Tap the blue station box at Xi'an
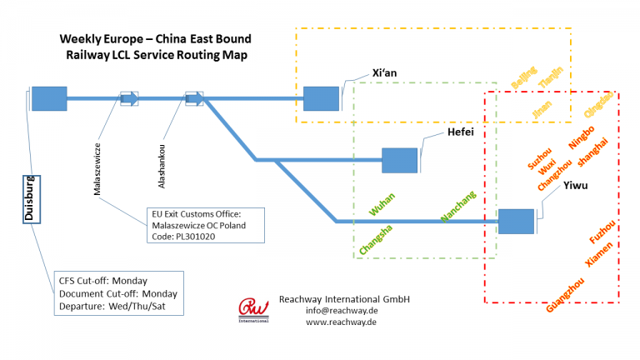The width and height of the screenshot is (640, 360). click(x=321, y=98)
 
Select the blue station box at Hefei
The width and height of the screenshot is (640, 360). click(x=399, y=160)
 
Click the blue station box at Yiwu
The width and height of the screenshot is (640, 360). click(x=515, y=222)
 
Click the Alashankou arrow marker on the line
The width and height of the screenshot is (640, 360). click(x=193, y=98)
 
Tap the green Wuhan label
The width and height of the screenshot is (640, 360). click(x=382, y=204)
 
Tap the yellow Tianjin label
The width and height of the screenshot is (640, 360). click(x=552, y=77)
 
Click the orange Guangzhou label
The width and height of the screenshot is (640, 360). click(x=564, y=293)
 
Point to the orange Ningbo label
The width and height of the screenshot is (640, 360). click(x=581, y=135)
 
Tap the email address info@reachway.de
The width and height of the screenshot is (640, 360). click(x=332, y=311)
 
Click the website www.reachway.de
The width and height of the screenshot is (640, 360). click(x=332, y=322)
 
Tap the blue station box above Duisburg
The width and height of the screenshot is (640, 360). click(x=48, y=98)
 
